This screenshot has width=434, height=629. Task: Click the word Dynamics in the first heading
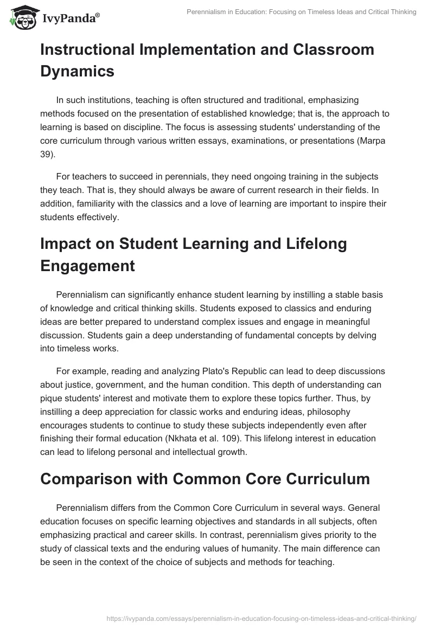[77, 71]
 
